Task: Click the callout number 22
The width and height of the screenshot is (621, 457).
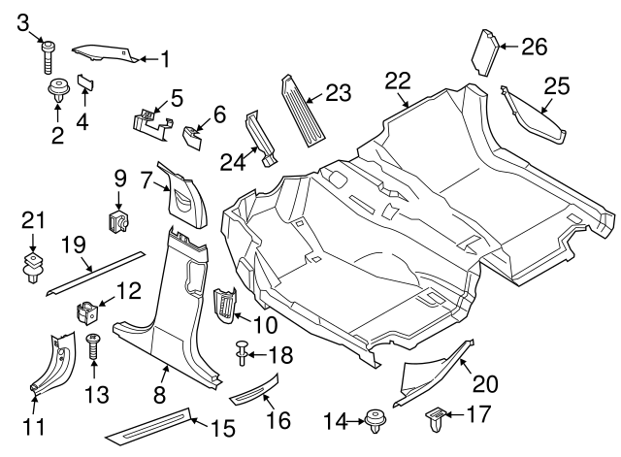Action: (x=398, y=82)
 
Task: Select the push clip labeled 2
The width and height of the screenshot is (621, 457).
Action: (x=57, y=93)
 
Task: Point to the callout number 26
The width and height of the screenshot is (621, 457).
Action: (x=534, y=46)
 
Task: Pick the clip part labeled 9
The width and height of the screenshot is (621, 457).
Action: (x=120, y=221)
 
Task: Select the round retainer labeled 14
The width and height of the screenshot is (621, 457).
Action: (x=376, y=421)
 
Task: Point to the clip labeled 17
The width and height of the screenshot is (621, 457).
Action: (x=435, y=420)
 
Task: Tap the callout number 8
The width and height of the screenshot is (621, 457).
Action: (x=161, y=396)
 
